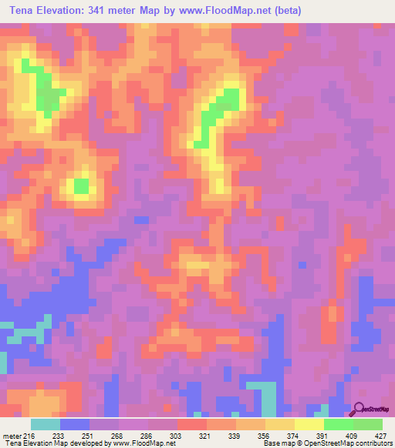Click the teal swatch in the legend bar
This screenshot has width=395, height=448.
coord(46,424)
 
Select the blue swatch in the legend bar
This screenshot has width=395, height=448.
coord(75,424)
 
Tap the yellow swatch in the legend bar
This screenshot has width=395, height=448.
coord(309,424)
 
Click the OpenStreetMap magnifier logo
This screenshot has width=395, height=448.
coord(361,408)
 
